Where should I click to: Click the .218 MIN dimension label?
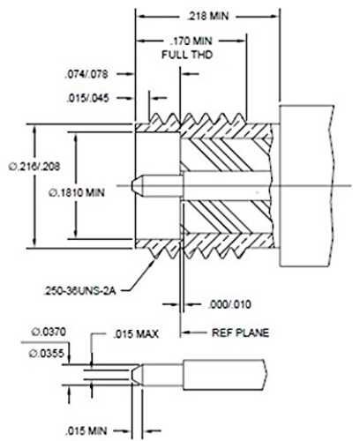coord(208,16)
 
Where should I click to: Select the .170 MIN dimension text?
coord(191,41)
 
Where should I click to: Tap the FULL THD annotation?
coord(187,55)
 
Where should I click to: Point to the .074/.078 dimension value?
coord(86,74)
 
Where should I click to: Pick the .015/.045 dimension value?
coord(88,98)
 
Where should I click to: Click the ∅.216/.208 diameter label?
coord(34,167)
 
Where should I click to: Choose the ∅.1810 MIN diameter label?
coord(77,193)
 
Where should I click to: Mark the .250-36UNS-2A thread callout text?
coord(79,291)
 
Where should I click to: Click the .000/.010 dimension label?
coord(229,304)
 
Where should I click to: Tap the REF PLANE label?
coord(240,333)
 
